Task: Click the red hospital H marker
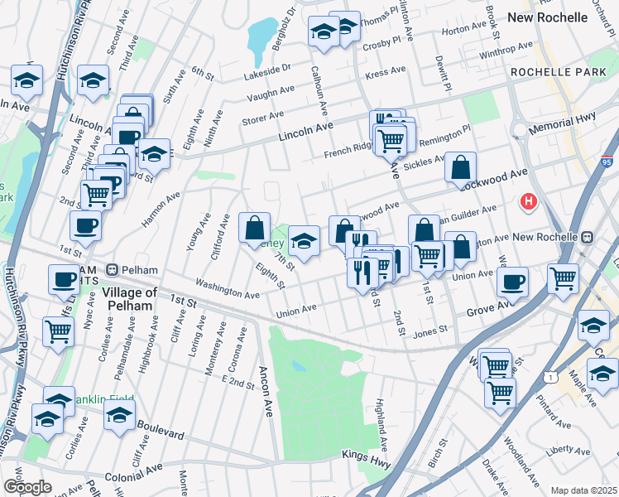[527, 201]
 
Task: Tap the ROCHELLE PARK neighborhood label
[547, 73]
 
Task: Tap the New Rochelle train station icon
[587, 237]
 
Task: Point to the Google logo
[26, 487]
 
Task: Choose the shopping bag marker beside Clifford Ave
[254, 227]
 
